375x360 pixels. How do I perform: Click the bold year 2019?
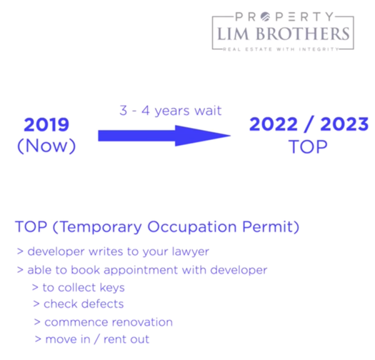coord(46,124)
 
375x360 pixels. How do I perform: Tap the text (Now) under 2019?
coord(46,146)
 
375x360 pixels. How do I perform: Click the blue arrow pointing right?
coord(164,136)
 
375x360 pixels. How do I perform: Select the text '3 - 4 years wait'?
coord(171,111)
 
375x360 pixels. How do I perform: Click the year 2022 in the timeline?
coord(274,124)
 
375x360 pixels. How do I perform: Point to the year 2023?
coord(344,124)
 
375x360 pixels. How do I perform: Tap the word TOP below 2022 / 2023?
coord(308,146)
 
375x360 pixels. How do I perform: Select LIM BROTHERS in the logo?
coord(283,34)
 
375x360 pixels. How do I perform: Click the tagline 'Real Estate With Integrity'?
coord(281,49)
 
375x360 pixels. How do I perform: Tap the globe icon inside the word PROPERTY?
coord(265,16)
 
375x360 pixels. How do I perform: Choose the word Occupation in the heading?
coord(192,226)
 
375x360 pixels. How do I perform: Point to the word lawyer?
coord(191,252)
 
